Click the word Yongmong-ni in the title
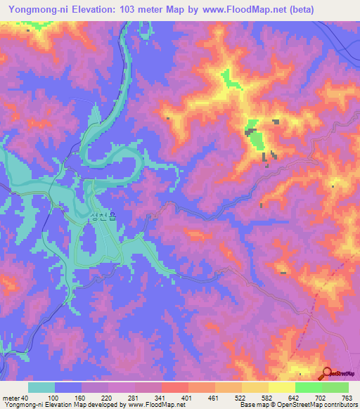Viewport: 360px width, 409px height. [34, 8]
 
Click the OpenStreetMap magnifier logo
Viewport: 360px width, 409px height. [328, 373]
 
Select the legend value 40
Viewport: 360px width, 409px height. [25, 397]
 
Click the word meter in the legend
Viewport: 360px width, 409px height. [11, 397]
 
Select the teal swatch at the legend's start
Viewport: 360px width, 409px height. [41, 387]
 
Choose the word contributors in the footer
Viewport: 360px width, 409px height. [337, 405]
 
